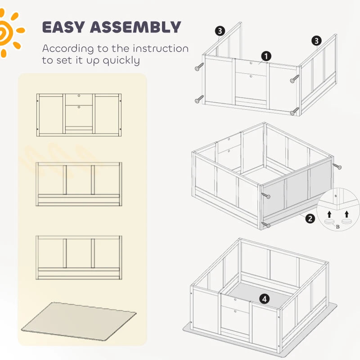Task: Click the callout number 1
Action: pyautogui.click(x=266, y=56)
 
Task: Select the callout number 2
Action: pyautogui.click(x=310, y=219)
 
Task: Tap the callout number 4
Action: pyautogui.click(x=264, y=298)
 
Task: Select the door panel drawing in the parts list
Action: pyautogui.click(x=79, y=115)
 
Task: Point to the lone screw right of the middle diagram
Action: pyautogui.click(x=337, y=166)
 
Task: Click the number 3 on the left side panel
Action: pyautogui.click(x=220, y=31)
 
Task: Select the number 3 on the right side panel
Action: pyautogui.click(x=317, y=41)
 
